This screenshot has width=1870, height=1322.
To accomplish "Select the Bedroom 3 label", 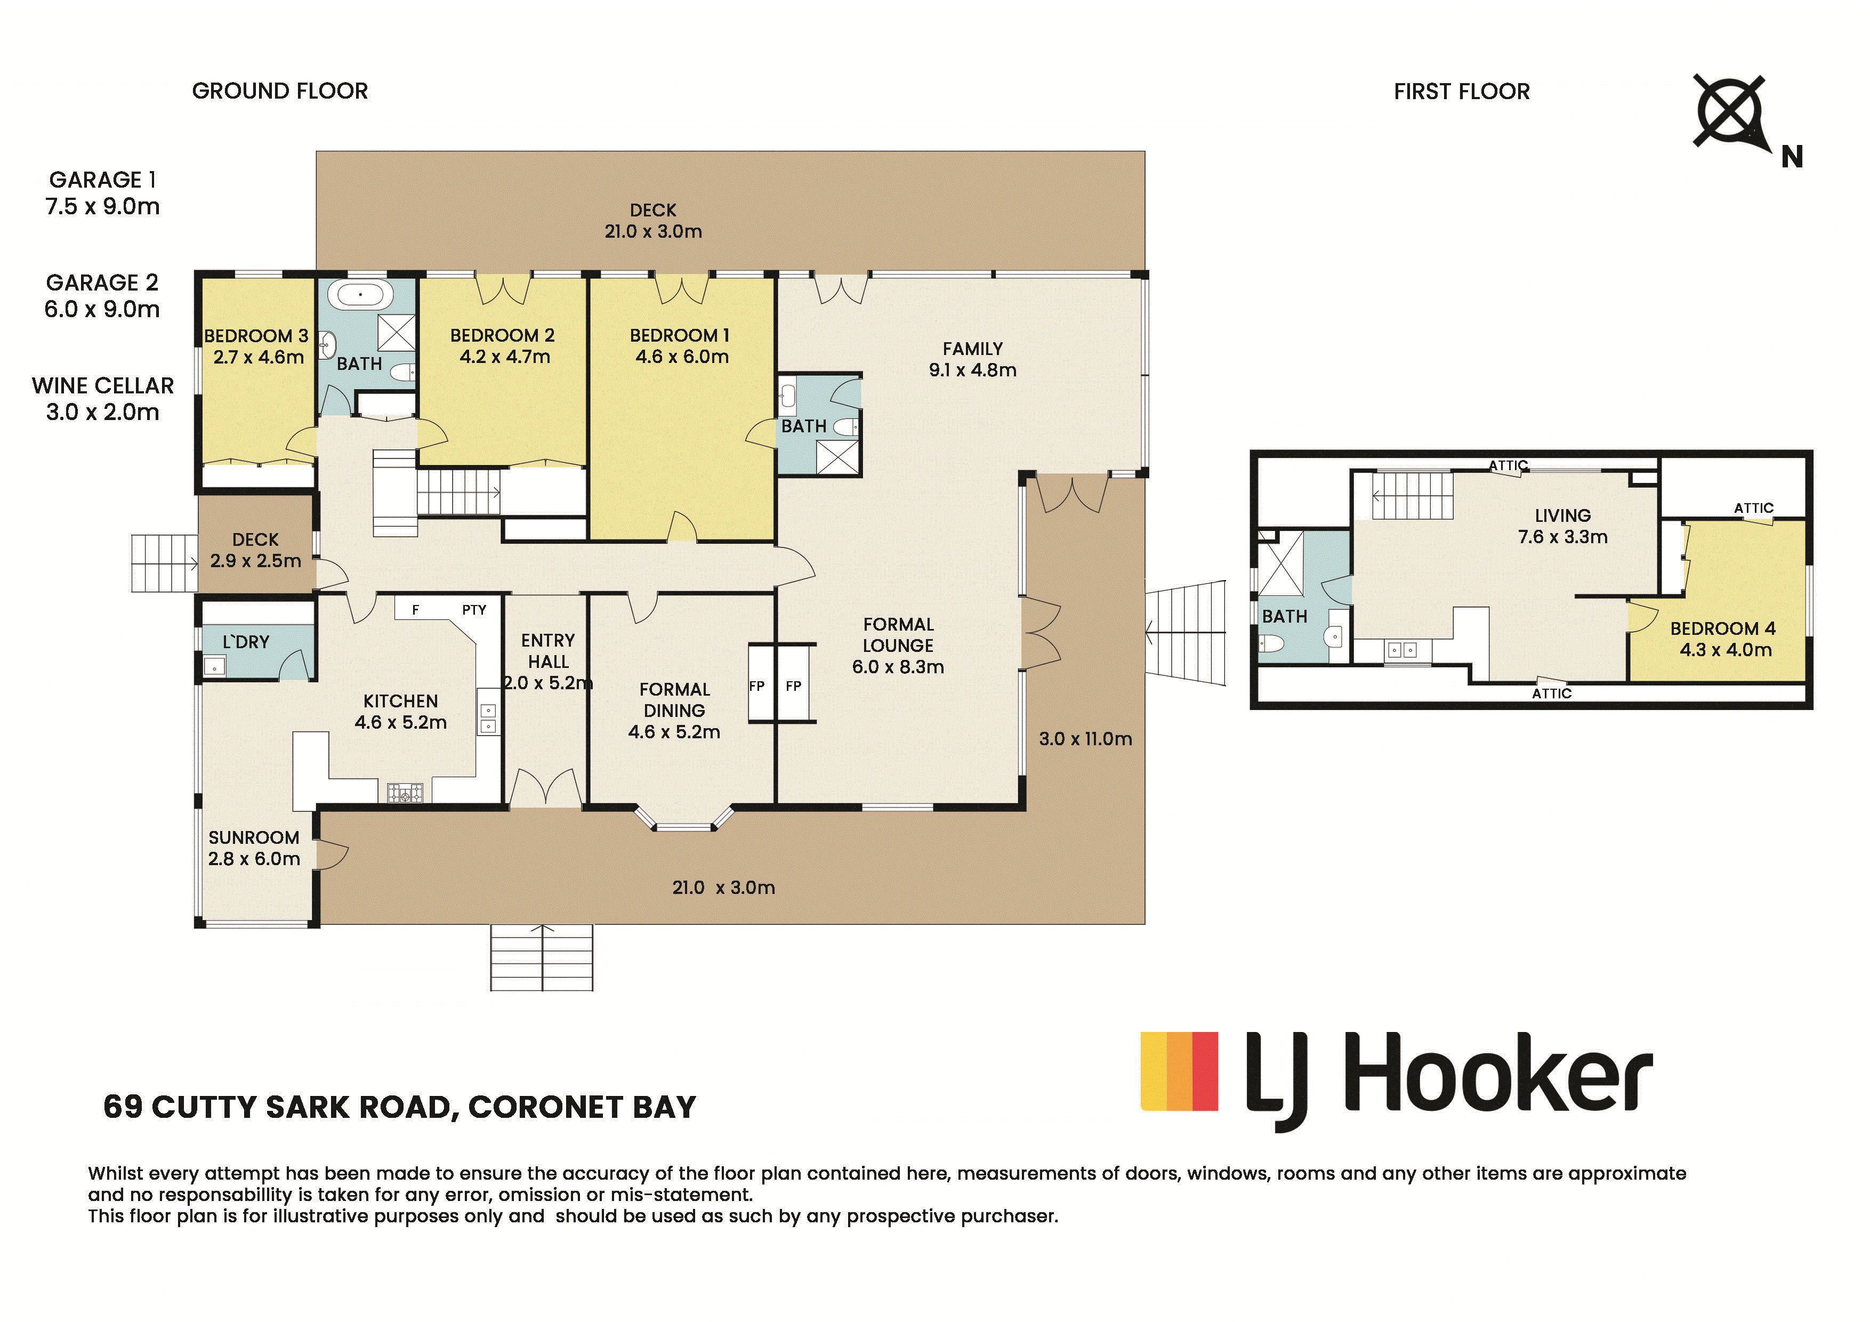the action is (256, 336).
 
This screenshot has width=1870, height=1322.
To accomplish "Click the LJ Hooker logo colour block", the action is (1179, 1070).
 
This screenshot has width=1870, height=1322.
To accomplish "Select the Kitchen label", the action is (401, 700).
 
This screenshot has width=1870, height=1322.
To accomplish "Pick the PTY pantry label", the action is (474, 609).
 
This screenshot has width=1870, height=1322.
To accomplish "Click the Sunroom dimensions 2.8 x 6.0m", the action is (254, 859).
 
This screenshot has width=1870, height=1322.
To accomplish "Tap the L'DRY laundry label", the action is (246, 642).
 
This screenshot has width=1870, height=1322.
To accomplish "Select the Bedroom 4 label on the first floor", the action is (1722, 629).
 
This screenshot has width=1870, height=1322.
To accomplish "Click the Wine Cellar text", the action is (103, 385).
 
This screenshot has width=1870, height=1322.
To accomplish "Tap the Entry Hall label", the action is (548, 651).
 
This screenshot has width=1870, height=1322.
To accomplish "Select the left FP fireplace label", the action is (756, 686).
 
